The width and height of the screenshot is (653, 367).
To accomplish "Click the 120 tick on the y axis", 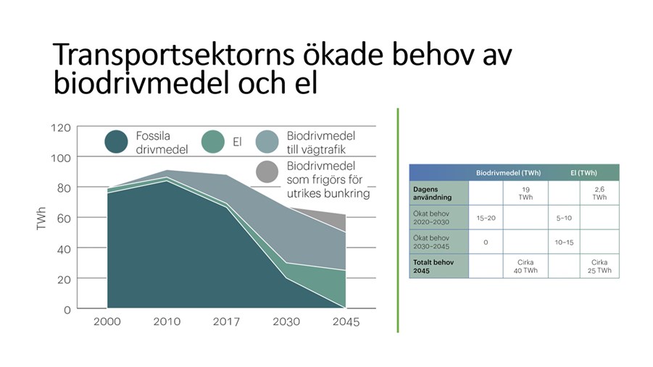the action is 61,127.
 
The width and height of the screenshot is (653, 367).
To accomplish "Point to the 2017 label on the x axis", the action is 226,321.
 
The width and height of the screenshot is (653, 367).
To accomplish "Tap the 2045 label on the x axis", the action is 346,321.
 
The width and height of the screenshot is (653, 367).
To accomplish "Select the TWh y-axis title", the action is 41,218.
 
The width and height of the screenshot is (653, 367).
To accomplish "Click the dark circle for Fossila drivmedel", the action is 116,142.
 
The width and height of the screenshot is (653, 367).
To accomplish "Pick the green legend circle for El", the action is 213,142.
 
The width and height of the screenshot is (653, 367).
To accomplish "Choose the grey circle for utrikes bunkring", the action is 267,172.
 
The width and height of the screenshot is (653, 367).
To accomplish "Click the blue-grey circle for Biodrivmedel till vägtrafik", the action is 267,142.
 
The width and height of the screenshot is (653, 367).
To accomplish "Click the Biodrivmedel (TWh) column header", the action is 508,173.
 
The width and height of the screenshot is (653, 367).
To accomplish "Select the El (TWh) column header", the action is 583,173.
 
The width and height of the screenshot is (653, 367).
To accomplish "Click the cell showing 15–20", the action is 486,218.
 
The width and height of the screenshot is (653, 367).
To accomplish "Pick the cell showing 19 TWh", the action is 525,193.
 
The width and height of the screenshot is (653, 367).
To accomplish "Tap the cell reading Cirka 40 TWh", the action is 525,266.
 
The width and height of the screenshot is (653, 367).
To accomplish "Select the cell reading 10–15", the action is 564,242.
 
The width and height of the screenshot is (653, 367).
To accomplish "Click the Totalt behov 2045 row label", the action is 433,266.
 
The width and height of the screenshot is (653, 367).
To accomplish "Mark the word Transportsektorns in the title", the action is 173,54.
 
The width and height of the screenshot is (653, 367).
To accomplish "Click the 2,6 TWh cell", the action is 599,193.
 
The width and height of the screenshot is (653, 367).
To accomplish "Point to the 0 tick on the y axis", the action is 67,310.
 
